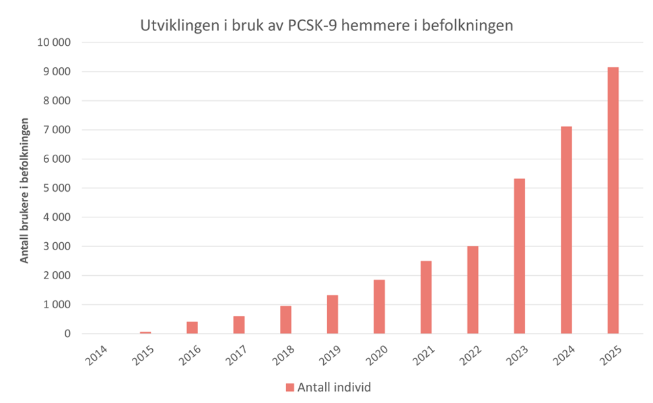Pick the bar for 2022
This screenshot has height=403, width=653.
[473, 290]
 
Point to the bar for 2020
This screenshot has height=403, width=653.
[379, 307]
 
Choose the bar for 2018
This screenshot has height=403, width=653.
[285, 320]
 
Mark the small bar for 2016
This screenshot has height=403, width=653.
[192, 328]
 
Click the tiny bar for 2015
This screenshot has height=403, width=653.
[145, 332]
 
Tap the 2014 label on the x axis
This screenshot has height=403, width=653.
[96, 353]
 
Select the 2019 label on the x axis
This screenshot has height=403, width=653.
[331, 353]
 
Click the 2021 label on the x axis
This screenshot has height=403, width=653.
[424, 353]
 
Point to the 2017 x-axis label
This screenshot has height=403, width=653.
[237, 353]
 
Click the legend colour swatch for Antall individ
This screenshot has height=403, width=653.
[290, 387]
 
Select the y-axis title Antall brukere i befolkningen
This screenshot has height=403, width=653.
[25, 190]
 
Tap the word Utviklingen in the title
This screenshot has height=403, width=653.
[177, 26]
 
